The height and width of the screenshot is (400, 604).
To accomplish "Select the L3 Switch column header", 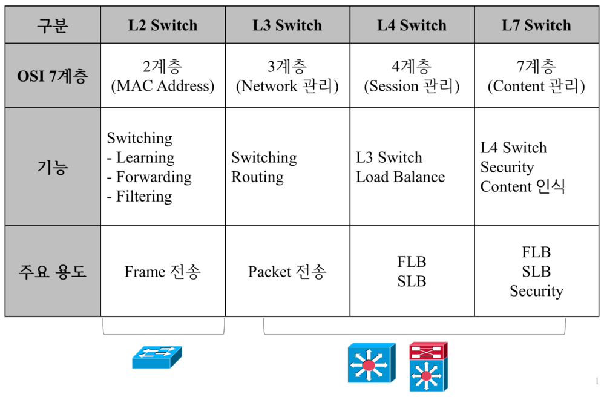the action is tap(287, 25).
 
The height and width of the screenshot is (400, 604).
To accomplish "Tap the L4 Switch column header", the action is tap(412, 25).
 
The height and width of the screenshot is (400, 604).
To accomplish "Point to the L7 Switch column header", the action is tap(536, 25).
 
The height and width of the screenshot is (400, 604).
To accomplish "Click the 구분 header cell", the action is tap(53, 25).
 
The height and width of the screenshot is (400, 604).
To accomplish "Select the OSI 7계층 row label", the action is tap(53, 76).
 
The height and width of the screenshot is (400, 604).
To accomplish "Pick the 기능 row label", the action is tap(53, 166).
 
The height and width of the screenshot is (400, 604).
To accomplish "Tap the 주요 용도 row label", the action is tap(53, 271).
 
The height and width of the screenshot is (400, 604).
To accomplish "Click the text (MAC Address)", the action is tap(162, 86).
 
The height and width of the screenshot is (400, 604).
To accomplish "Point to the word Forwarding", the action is tap(154, 177).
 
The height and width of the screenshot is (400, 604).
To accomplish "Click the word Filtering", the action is tap(144, 197).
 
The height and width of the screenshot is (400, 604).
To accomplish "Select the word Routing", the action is tap(257, 177).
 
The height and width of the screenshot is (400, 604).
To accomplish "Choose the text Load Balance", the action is tap(400, 177).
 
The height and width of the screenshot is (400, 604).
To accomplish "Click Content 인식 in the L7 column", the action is tap(522, 187).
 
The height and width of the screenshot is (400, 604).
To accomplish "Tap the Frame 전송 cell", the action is tap(162, 272).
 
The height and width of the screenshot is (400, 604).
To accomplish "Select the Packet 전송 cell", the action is tap(287, 272).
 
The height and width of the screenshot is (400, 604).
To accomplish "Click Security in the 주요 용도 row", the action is tap(536, 291).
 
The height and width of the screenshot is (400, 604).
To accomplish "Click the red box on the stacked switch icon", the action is tap(428, 351).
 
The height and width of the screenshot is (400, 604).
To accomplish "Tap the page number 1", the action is tap(596, 381).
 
